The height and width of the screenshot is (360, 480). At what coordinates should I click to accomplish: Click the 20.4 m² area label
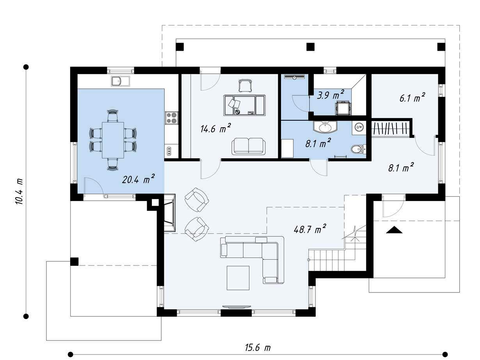[139, 179]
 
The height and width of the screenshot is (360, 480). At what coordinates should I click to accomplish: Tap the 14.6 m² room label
[216, 128]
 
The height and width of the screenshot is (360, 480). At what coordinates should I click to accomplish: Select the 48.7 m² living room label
[310, 229]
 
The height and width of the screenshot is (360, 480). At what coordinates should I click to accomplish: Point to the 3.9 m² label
[331, 95]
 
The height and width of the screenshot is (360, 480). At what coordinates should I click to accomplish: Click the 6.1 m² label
[412, 98]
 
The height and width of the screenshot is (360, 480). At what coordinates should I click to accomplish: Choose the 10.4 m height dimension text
[19, 191]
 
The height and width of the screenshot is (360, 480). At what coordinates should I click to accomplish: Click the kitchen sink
[120, 81]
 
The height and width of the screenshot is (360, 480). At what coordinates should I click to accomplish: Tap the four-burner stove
[172, 118]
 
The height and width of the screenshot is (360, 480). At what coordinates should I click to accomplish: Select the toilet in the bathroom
[358, 150]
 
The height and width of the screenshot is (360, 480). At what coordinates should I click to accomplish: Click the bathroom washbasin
[325, 127]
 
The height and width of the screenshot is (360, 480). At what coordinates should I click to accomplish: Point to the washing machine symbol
[359, 127]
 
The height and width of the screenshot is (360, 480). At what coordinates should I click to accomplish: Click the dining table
[113, 140]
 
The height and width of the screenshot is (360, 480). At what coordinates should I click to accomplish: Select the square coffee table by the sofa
[238, 278]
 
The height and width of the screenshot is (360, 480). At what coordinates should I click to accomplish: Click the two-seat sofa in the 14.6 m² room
[249, 146]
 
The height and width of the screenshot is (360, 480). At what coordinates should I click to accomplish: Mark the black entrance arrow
[394, 230]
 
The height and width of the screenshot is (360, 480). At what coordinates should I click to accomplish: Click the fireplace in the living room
[170, 213]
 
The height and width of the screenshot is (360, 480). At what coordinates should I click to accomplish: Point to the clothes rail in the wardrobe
[390, 128]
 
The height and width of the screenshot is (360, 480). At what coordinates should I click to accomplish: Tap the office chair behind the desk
[245, 86]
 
